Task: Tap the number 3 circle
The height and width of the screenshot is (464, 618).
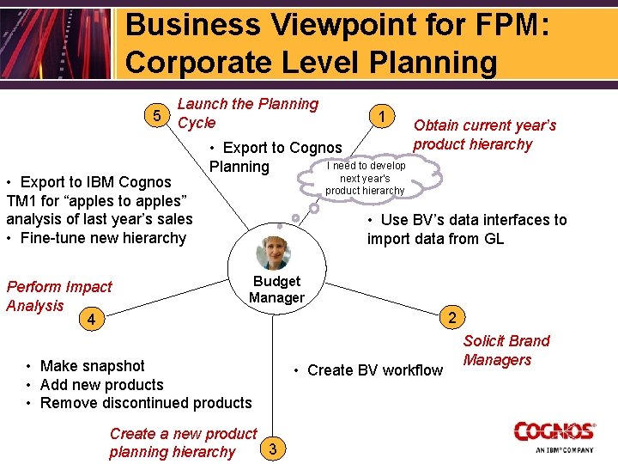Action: (x=272, y=447)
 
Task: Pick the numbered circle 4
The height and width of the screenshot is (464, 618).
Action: (x=92, y=321)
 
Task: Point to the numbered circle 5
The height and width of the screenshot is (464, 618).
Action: (x=156, y=114)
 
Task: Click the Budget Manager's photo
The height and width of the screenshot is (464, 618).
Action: (x=274, y=253)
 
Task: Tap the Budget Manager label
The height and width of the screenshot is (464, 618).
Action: (x=276, y=290)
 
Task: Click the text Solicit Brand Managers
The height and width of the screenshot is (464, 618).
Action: (x=506, y=351)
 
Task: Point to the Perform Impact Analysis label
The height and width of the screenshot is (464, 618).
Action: (x=58, y=296)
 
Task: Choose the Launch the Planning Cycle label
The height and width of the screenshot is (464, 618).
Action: (x=247, y=113)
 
